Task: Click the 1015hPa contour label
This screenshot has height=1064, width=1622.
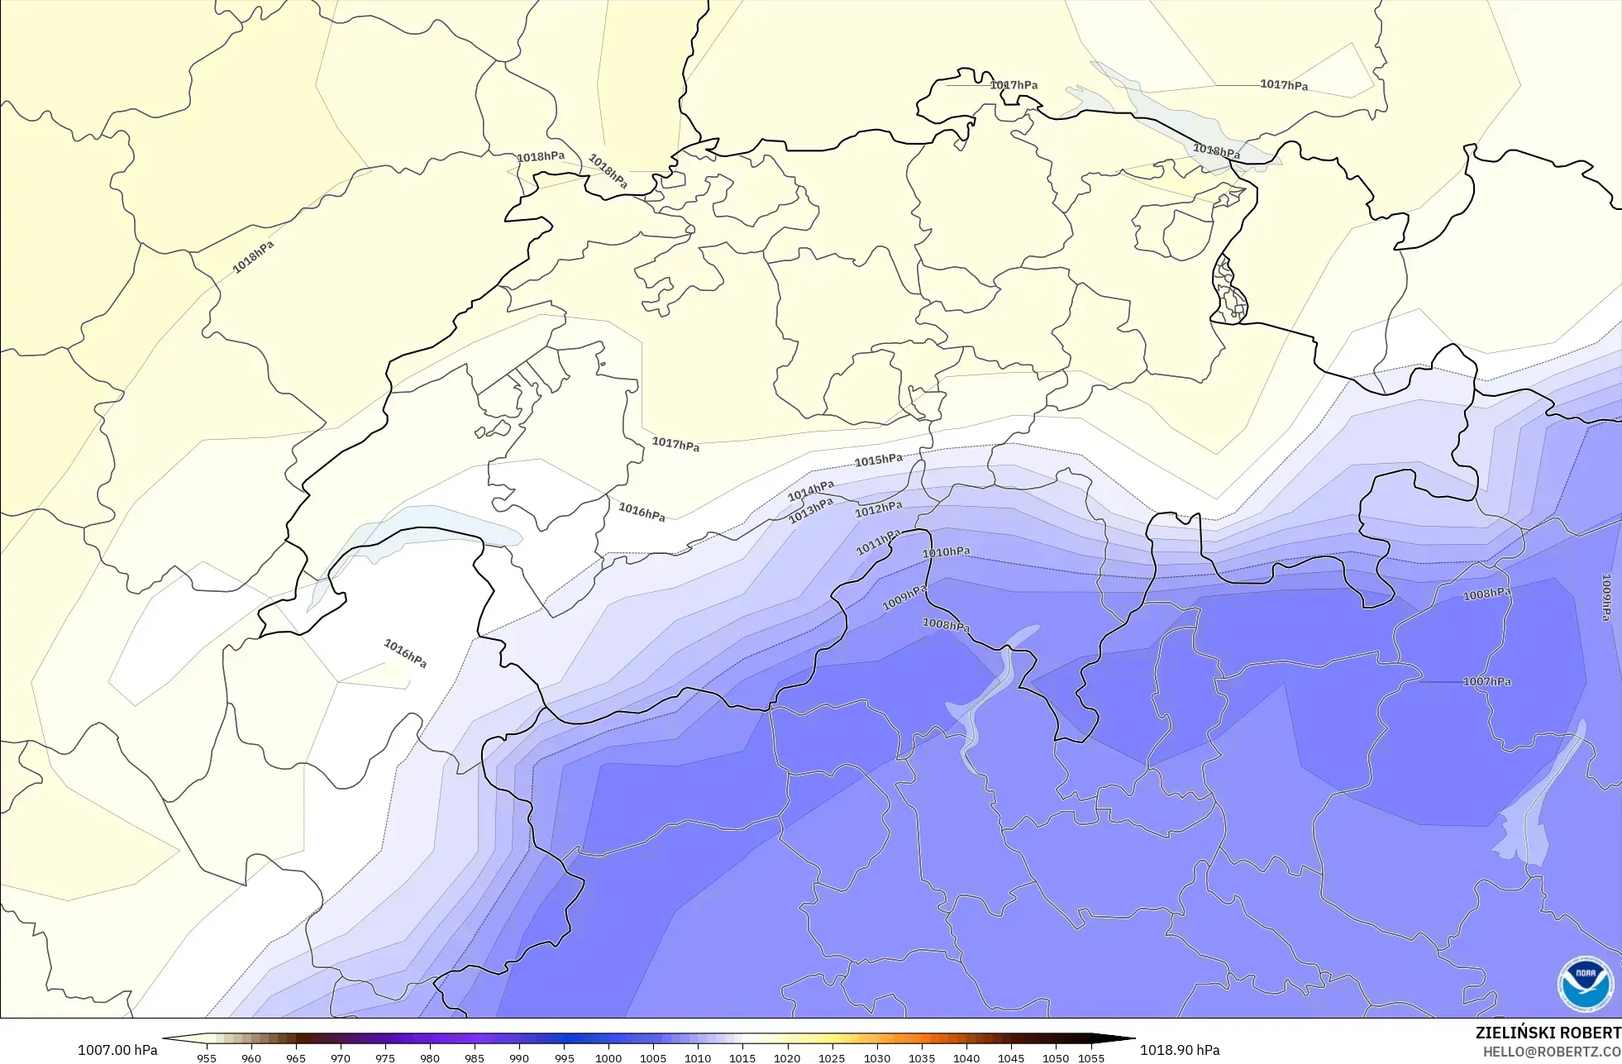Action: [x=878, y=460]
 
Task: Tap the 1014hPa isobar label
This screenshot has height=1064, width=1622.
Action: [x=810, y=491]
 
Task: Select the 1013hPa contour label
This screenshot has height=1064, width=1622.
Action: [x=810, y=511]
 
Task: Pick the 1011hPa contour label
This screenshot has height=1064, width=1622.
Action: [x=878, y=542]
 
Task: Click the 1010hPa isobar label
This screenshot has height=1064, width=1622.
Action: [x=946, y=552]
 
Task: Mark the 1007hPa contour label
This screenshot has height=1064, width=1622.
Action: [x=1486, y=681]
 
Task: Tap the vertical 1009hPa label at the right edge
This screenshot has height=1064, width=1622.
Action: [x=1605, y=597]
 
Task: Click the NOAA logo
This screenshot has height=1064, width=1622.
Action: [x=1585, y=984]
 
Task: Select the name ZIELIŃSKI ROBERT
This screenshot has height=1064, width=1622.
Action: [x=1548, y=1033]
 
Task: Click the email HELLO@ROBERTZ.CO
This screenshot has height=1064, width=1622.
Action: [x=1551, y=1052]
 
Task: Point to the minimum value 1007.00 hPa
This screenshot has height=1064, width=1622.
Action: [x=117, y=1050]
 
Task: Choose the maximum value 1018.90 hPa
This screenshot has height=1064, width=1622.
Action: [x=1180, y=1050]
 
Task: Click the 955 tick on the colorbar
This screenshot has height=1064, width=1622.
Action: [x=207, y=1057]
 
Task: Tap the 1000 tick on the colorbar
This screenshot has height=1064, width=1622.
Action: [x=608, y=1057]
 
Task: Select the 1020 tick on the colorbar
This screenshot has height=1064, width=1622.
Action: [x=787, y=1057]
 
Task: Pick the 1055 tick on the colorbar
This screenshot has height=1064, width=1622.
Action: [x=1091, y=1057]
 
